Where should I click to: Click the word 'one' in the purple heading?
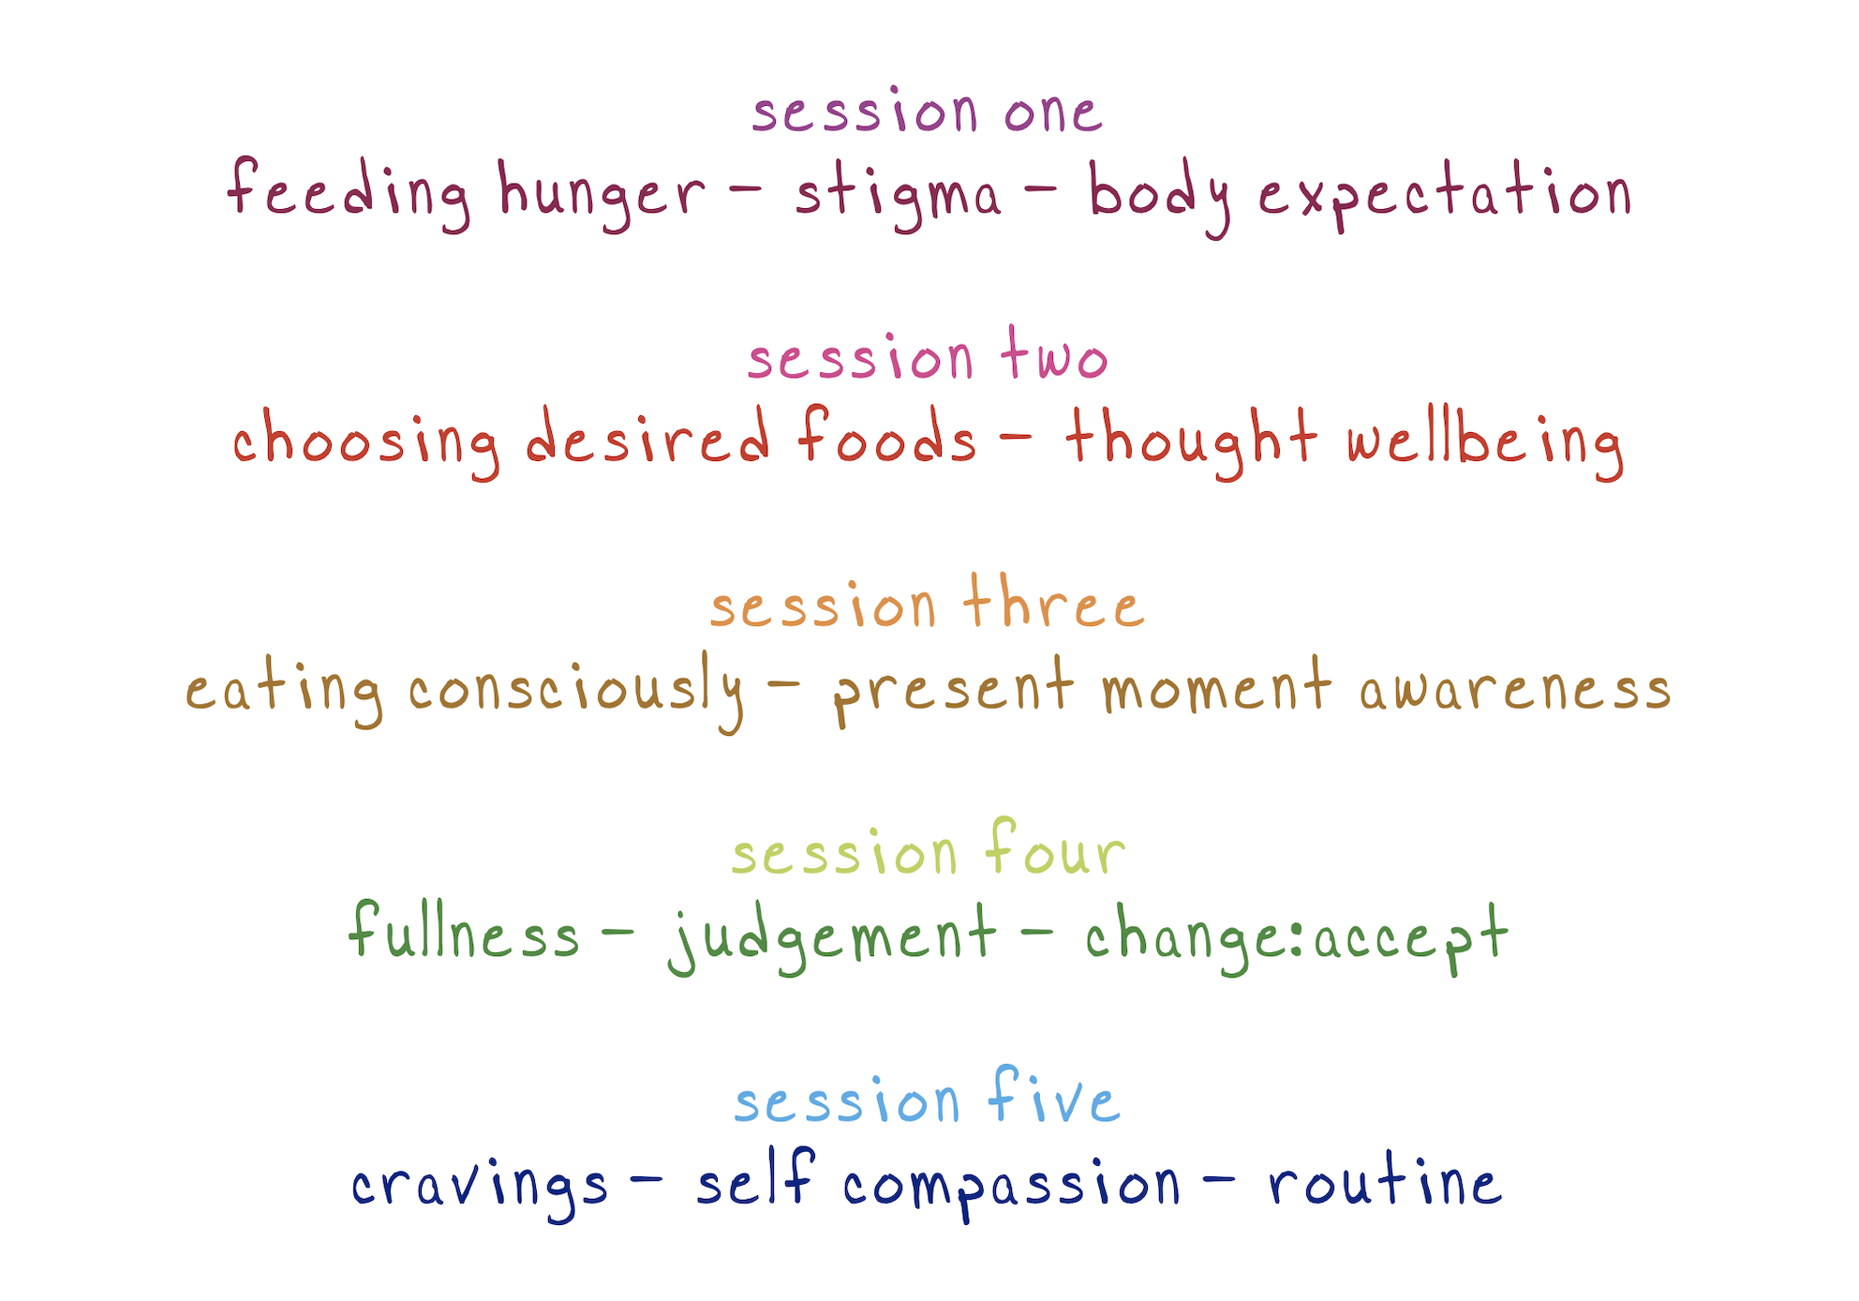point(1053,112)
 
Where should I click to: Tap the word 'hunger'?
point(601,195)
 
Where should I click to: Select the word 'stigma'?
point(898,196)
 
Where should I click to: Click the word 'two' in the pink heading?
point(1054,354)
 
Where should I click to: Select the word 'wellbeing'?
point(1485,442)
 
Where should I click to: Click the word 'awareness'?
point(1515,690)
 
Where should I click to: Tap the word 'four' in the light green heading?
point(1055,848)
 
